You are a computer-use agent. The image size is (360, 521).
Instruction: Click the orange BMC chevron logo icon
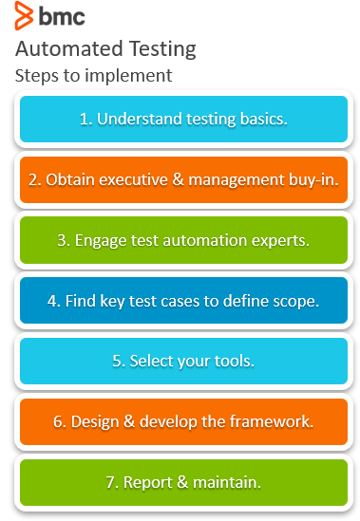(24, 15)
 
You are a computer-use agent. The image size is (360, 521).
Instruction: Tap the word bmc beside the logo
(62, 16)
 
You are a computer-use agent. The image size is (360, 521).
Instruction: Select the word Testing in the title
(162, 50)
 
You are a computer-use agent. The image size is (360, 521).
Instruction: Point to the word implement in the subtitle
(128, 76)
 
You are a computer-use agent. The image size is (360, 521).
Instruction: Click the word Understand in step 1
(140, 119)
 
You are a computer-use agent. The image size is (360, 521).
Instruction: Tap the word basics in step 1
(262, 119)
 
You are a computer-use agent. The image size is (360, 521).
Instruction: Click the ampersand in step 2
(178, 179)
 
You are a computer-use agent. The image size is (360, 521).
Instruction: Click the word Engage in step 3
(101, 241)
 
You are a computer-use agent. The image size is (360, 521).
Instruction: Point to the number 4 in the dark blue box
(52, 302)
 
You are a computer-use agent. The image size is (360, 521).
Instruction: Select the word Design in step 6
(95, 422)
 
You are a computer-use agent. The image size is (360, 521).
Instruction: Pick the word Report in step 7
(148, 483)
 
